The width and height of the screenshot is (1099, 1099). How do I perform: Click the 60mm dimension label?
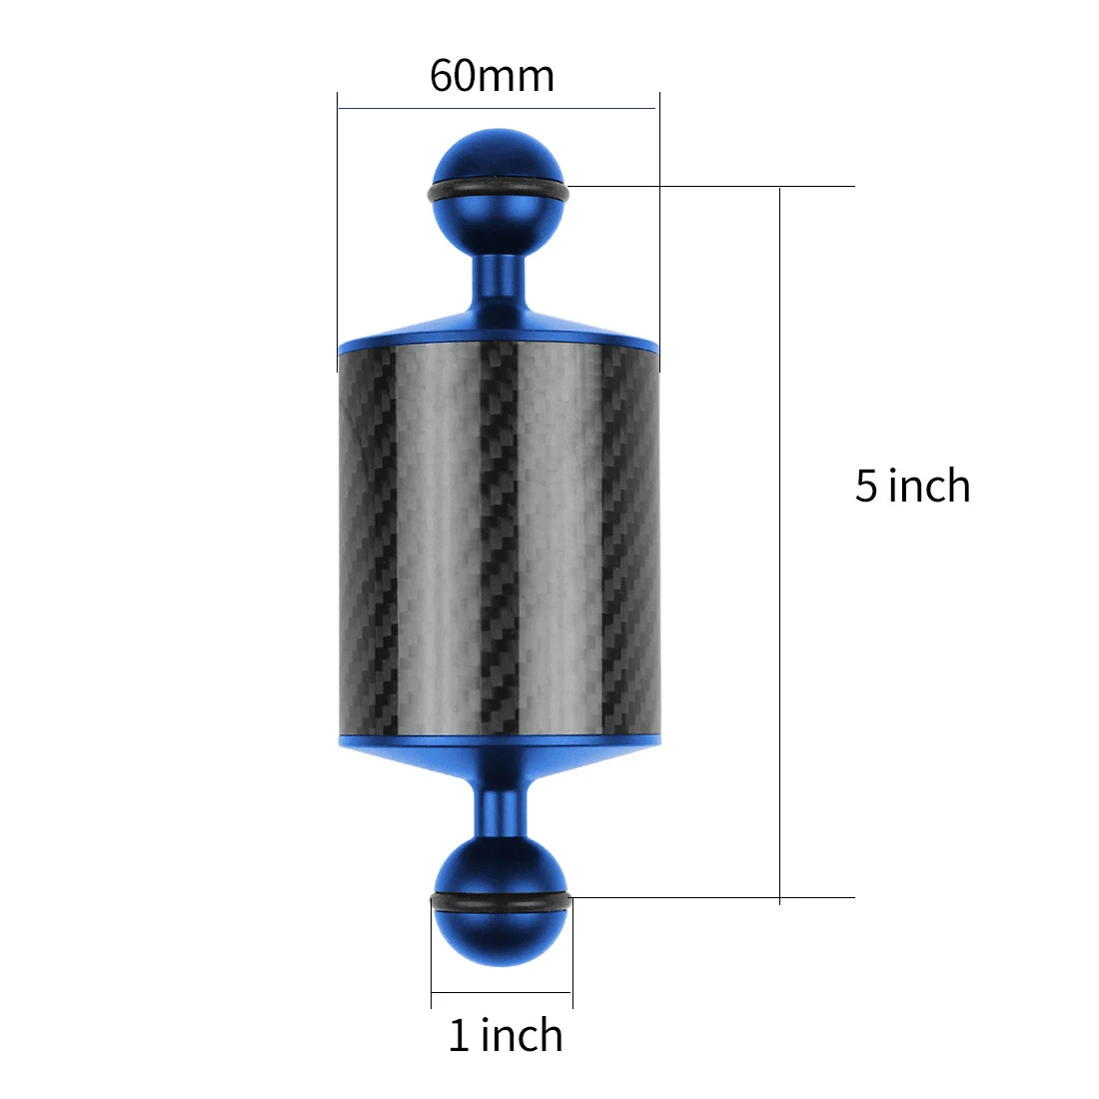click(x=492, y=76)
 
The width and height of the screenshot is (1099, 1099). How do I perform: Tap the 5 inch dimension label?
click(x=912, y=485)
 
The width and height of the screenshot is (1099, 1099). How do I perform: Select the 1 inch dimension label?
click(x=506, y=1035)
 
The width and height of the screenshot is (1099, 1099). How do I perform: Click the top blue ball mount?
click(x=498, y=192)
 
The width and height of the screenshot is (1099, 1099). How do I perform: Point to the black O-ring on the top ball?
click(x=498, y=192)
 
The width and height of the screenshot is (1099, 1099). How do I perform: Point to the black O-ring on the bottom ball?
click(x=501, y=902)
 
